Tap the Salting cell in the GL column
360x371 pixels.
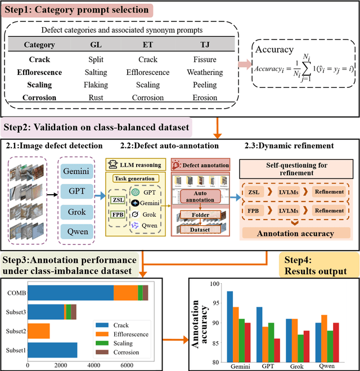click(96, 72)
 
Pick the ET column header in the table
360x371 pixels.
click(148, 45)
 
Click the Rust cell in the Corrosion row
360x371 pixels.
click(96, 97)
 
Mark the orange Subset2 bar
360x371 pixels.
click(39, 331)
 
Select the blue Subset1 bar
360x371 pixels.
click(52, 350)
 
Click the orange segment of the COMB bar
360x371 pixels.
click(125, 293)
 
